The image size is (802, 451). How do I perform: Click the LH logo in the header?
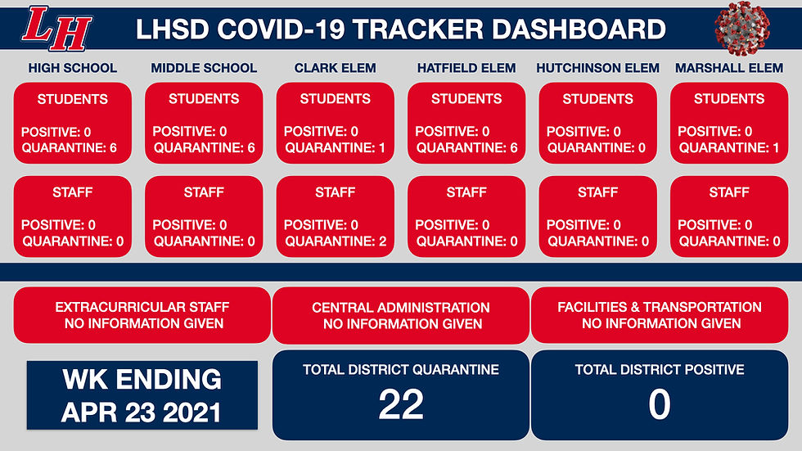pos(56,29)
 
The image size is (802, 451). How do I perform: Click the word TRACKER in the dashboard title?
pos(418,29)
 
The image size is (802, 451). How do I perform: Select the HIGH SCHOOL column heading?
pos(73,68)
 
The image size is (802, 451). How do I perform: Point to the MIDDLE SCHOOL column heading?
pos(204,68)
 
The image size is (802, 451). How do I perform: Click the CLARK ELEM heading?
pos(335,68)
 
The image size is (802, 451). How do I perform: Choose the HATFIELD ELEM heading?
pos(466,68)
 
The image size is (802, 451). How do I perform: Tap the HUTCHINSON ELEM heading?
pos(598,68)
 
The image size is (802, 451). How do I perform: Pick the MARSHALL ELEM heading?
pos(729,68)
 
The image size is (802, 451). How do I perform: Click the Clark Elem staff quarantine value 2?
pos(383,241)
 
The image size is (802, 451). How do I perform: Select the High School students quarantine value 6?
pos(113,148)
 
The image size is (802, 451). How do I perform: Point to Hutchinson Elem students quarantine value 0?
pos(642,148)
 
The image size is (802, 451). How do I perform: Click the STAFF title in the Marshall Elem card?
pos(729,192)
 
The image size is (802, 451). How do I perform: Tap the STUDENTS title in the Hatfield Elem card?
pos(466,99)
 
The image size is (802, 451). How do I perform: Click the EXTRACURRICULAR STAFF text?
pos(142,307)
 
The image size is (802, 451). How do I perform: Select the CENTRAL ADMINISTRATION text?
pos(401,308)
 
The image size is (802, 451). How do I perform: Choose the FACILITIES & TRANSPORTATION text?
pos(660,307)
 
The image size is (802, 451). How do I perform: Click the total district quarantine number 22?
pos(401,404)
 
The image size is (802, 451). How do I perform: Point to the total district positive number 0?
pos(660,404)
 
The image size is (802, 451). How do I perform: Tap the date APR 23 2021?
pos(141,413)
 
